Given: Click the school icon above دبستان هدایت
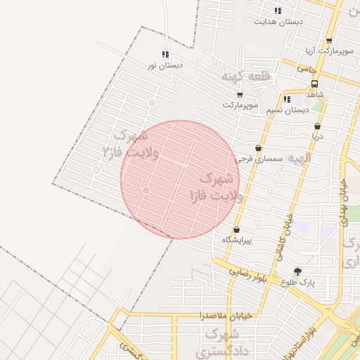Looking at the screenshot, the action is (278, 11).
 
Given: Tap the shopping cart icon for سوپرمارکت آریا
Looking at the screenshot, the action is (329, 41).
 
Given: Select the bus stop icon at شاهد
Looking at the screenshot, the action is (314, 83).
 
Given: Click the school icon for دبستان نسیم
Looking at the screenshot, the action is (287, 99).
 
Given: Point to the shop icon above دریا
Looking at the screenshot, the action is (317, 127).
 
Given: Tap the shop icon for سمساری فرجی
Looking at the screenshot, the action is (259, 148).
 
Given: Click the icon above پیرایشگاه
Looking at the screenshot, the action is (236, 230).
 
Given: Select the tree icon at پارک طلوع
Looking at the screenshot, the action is (297, 271).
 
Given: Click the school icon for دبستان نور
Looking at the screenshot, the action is (165, 54).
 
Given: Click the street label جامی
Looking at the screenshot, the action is (308, 69).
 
